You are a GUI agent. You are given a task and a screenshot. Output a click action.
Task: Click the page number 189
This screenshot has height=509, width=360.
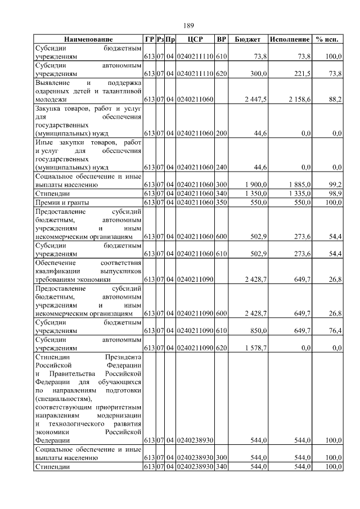point(188,26)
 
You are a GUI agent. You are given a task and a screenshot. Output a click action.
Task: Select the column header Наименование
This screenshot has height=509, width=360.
point(88,39)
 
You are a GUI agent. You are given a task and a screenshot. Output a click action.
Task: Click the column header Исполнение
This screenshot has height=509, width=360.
point(290,39)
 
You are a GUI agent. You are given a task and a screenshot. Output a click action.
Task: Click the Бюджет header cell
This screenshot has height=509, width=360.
point(247,39)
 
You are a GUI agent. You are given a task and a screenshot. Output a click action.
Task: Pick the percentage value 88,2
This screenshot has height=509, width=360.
point(335,99)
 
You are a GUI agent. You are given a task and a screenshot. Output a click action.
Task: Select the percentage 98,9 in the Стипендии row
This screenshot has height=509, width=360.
point(335,193)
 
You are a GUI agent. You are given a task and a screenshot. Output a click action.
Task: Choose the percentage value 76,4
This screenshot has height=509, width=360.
point(335,331)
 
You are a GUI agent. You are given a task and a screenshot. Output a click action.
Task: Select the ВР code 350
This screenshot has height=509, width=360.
point(222,201)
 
